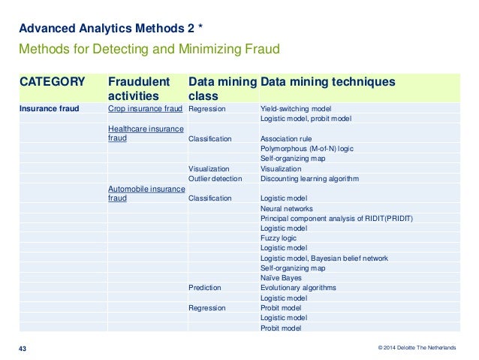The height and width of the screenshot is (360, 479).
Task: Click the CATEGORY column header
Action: tap(52, 81)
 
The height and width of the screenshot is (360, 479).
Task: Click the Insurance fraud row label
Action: tap(49, 108)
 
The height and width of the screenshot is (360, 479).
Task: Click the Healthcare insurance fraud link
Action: tap(146, 134)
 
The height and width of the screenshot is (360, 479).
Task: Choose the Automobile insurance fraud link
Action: tap(146, 193)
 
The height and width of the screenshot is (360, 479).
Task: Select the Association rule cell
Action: tap(285, 139)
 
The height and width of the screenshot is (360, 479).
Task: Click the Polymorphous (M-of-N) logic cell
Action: tap(306, 149)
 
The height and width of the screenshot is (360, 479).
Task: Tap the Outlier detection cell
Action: tap(215, 179)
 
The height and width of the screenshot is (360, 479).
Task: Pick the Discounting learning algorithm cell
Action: tap(309, 179)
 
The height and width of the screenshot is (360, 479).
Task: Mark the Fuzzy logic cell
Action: tap(279, 238)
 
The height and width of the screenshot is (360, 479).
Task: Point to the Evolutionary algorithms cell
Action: tap(298, 288)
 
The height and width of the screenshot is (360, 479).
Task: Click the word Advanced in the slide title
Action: tap(42, 29)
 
